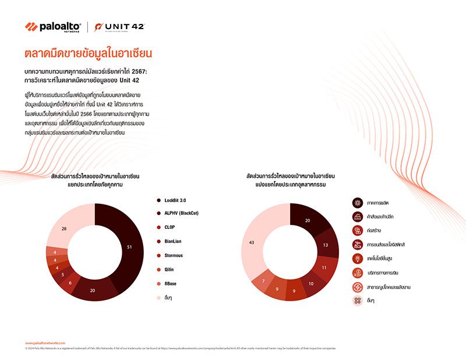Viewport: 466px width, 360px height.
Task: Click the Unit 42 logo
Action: (x=119, y=27)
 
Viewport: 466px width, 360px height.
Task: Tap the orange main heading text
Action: (x=88, y=54)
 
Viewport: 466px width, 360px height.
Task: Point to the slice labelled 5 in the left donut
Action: (x=63, y=274)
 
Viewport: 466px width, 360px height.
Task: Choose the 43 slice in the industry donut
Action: (x=252, y=242)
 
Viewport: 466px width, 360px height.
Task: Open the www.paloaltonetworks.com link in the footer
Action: (x=45, y=343)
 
